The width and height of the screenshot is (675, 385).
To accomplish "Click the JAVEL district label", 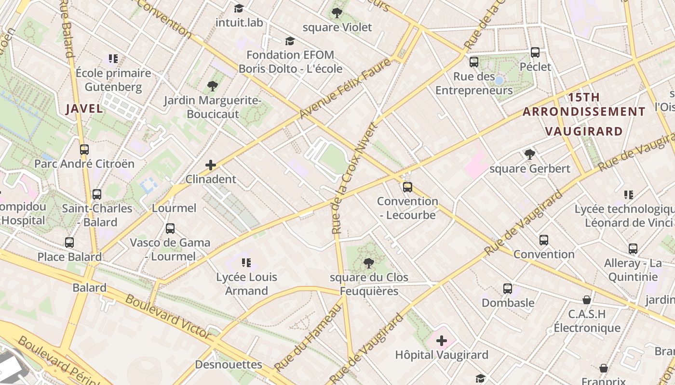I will pyautogui.click(x=84, y=108).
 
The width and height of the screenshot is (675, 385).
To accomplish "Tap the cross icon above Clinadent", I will pyautogui.click(x=211, y=165).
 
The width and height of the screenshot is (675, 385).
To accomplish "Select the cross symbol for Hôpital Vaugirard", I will pyautogui.click(x=442, y=341).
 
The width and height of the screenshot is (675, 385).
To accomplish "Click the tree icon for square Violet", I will pyautogui.click(x=337, y=13).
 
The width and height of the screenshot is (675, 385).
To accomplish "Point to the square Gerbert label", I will pyautogui.click(x=529, y=169).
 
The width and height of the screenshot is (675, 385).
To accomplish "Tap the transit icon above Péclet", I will pyautogui.click(x=535, y=52).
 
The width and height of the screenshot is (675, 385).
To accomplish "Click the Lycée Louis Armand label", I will pyautogui.click(x=246, y=284).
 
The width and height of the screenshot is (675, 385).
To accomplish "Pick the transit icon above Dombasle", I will pyautogui.click(x=508, y=289).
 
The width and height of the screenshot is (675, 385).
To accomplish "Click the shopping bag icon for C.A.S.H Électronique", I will pyautogui.click(x=587, y=300).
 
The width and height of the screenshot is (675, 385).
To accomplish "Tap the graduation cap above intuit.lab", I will pyautogui.click(x=239, y=8).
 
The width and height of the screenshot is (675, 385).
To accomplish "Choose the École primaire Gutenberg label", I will pyautogui.click(x=113, y=80).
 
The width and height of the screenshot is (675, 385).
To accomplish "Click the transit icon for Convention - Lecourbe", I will pyautogui.click(x=407, y=187).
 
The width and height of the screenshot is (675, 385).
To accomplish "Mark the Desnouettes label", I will pyautogui.click(x=229, y=365).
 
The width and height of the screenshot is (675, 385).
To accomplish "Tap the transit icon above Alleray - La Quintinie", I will pyautogui.click(x=633, y=249).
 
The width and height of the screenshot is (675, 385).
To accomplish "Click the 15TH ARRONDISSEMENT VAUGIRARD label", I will pyautogui.click(x=584, y=114).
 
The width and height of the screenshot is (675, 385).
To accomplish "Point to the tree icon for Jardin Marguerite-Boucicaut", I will pyautogui.click(x=212, y=87).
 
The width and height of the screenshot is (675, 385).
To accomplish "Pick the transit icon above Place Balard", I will pyautogui.click(x=69, y=243).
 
